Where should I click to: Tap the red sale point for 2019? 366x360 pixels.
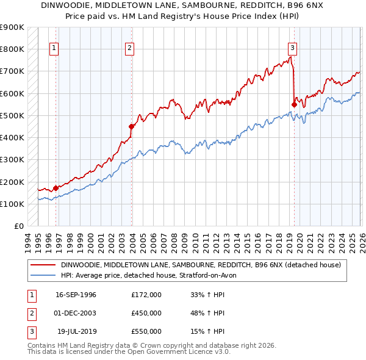(x=294, y=104)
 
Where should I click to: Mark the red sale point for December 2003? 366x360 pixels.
(x=131, y=126)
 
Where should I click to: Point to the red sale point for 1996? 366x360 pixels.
(x=56, y=188)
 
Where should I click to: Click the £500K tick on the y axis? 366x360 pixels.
(x=12, y=115)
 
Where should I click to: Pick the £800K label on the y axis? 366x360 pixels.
(x=12, y=49)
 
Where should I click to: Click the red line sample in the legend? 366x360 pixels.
(x=43, y=265)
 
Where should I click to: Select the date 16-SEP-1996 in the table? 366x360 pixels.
(x=76, y=295)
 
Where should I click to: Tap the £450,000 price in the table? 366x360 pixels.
(x=146, y=313)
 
